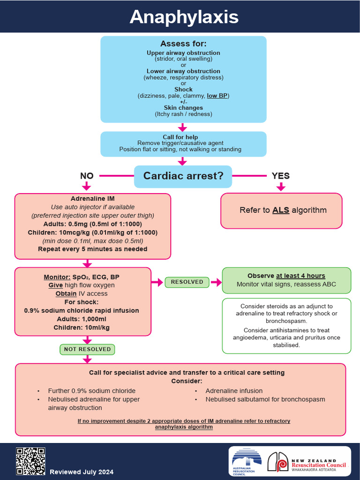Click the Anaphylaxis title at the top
pyautogui.click(x=184, y=17)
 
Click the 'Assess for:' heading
pyautogui.click(x=183, y=44)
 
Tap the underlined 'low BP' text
pyautogui.click(x=217, y=96)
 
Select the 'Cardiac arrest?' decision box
pyautogui.click(x=183, y=176)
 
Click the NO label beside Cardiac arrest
pyautogui.click(x=87, y=176)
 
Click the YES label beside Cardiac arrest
pyautogui.click(x=281, y=176)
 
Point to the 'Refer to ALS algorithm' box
pyautogui.click(x=281, y=210)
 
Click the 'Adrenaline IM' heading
pyautogui.click(x=92, y=199)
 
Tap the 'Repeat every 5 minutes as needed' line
pyautogui.click(x=92, y=249)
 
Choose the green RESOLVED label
pyautogui.click(x=187, y=282)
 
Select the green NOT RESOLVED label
pyautogui.click(x=87, y=349)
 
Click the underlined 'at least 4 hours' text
pyautogui.click(x=300, y=276)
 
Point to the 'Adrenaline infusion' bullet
pyautogui.click(x=234, y=390)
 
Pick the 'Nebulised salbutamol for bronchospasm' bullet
pyautogui.click(x=265, y=399)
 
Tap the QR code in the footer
pyautogui.click(x=30, y=461)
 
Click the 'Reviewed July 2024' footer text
pyautogui.click(x=82, y=472)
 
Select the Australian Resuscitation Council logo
pyautogui.click(x=246, y=462)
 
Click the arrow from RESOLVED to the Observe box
pyautogui.click(x=216, y=282)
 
